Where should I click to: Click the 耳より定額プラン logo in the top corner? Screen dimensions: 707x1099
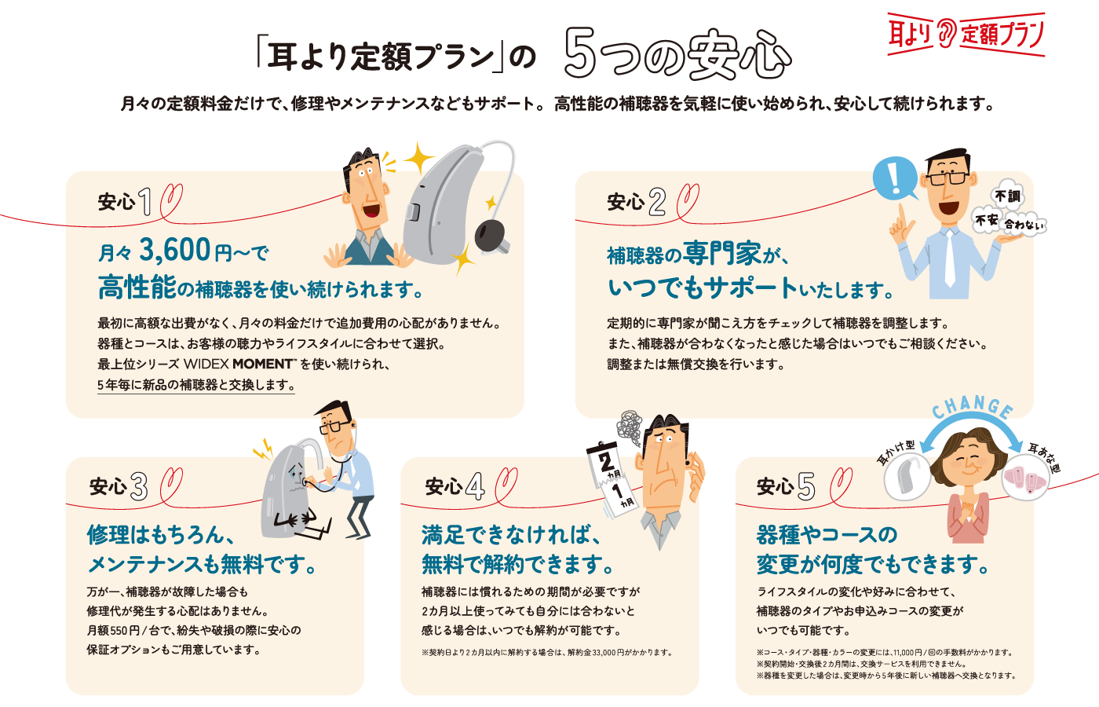pyautogui.click(x=966, y=34)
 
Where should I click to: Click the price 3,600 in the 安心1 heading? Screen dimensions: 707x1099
pyautogui.click(x=174, y=250)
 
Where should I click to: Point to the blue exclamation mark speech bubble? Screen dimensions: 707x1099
pyautogui.click(x=894, y=178)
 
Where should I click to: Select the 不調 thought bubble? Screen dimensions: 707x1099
pyautogui.click(x=1008, y=196)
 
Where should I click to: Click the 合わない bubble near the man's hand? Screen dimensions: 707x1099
pyautogui.click(x=1024, y=225)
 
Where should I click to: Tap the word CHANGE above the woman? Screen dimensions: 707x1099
pyautogui.click(x=973, y=405)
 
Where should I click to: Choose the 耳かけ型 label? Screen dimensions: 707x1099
pyautogui.click(x=896, y=451)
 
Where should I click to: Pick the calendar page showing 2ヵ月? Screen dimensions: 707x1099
pyautogui.click(x=604, y=460)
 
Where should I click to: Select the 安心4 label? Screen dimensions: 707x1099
pyautogui.click(x=455, y=486)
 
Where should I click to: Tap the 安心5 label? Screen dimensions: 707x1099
pyautogui.click(x=786, y=486)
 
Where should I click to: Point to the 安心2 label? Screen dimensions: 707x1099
pyautogui.click(x=637, y=202)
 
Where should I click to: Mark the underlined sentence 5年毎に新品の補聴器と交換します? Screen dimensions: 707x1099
pyautogui.click(x=196, y=385)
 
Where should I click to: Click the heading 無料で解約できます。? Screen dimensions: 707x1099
pyautogui.click(x=518, y=564)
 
